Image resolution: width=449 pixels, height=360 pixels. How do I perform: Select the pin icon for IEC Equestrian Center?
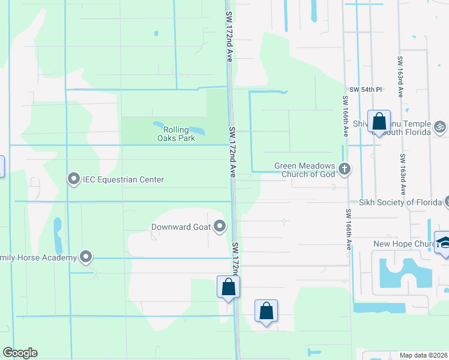click(x=74, y=179)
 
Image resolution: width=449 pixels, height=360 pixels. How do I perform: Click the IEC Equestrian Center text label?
click(x=123, y=179)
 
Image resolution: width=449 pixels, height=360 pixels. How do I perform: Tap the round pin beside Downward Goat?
click(x=220, y=226)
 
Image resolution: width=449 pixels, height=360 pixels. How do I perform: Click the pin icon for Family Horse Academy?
click(x=86, y=257)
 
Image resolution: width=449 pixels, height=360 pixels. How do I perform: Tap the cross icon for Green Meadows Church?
click(x=345, y=169)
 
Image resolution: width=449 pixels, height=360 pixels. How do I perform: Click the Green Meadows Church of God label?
click(x=304, y=170)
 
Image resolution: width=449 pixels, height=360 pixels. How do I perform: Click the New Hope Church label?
click(x=403, y=244)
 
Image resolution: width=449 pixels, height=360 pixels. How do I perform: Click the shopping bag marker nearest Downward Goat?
click(x=228, y=286)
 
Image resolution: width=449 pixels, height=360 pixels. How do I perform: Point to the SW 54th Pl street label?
click(x=366, y=89)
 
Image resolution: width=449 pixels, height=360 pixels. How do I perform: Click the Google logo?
click(x=20, y=353)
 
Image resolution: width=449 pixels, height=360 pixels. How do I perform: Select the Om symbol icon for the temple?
click(x=439, y=127)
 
